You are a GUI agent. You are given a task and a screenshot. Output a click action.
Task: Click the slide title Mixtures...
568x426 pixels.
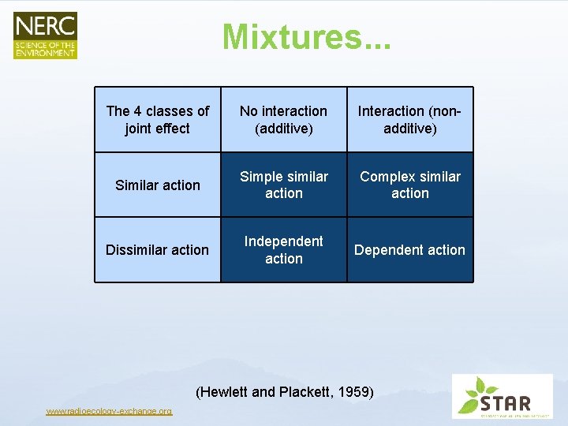point(306,37)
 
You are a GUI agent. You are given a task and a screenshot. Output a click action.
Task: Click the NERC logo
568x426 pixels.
point(45,35)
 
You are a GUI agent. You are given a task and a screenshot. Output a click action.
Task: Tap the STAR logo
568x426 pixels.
point(502,396)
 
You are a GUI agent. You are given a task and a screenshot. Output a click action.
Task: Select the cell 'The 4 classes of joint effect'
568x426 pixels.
point(158,119)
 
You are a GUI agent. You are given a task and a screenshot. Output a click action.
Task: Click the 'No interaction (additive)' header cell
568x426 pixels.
point(284,119)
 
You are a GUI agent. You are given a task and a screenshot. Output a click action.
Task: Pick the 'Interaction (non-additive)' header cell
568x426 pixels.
point(410,119)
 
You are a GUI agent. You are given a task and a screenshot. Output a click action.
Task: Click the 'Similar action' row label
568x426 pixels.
point(158,185)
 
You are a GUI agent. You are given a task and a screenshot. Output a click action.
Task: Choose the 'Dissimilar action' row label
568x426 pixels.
point(158,250)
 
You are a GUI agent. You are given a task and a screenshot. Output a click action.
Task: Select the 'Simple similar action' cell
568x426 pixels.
point(284,185)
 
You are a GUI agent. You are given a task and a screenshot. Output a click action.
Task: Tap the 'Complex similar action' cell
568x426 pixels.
point(410,185)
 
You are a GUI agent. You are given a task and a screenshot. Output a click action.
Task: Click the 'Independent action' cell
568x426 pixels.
point(284,250)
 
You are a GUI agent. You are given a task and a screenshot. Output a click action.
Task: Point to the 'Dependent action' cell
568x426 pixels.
point(410,250)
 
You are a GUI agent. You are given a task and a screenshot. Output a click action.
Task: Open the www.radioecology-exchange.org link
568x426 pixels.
point(109,411)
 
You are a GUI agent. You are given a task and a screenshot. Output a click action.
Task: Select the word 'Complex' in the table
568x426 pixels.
point(387,177)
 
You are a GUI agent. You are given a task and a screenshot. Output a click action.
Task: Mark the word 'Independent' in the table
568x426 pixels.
point(284,241)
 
